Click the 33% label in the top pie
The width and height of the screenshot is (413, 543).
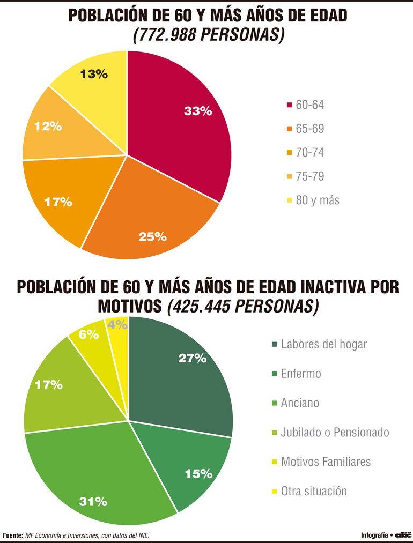point(198,111)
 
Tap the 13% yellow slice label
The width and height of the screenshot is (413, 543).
point(94,75)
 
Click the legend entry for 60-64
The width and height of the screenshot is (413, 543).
point(309,105)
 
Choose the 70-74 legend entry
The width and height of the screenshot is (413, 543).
point(309,153)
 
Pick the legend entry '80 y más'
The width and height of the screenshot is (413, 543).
point(317,200)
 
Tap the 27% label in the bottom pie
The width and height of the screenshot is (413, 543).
point(193,358)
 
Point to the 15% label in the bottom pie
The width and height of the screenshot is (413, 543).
point(198,474)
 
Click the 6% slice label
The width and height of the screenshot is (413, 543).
point(88,334)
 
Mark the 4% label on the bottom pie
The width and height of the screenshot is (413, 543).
point(117,324)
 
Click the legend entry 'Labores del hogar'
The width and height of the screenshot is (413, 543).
point(323,344)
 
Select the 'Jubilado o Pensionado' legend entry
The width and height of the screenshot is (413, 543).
point(335,432)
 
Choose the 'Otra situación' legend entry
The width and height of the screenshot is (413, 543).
point(314,490)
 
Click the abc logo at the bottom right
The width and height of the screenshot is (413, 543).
point(403,535)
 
